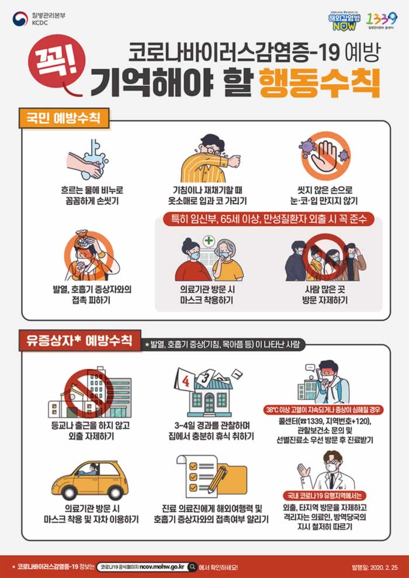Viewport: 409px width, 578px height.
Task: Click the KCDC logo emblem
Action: pyautogui.click(x=20, y=19)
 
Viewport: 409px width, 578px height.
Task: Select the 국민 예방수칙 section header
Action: pyautogui.click(x=64, y=120)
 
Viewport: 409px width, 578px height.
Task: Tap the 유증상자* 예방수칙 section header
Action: pyautogui.click(x=80, y=340)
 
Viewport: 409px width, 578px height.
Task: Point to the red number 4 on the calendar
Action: pyautogui.click(x=185, y=382)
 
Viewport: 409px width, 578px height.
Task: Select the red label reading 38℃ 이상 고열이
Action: pyautogui.click(x=325, y=409)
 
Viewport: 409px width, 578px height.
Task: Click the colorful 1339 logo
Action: pyautogui.click(x=383, y=19)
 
